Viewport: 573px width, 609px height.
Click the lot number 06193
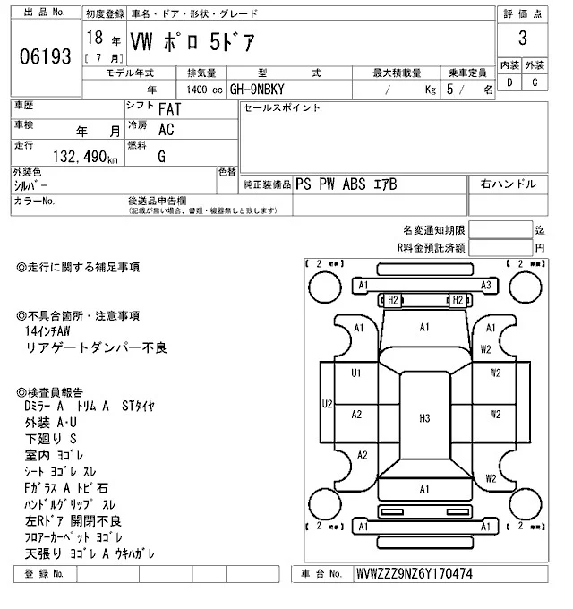45,56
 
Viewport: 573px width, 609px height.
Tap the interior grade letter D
510,83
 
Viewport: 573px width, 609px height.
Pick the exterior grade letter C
535,83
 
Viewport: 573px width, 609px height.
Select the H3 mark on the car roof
424,417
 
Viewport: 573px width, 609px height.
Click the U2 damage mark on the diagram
328,405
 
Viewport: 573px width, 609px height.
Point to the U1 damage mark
355,373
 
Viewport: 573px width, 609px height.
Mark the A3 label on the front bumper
486,285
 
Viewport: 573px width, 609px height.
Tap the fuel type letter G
161,156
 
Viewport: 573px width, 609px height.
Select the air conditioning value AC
166,130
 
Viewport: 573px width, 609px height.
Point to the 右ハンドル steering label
509,184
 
